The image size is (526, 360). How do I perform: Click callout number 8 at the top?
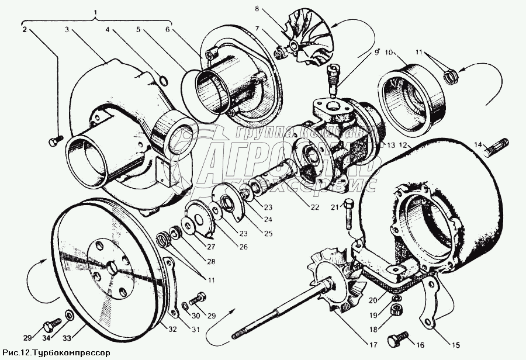(257, 10)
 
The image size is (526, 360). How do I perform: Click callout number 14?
(477, 144)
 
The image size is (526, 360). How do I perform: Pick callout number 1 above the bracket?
(97, 13)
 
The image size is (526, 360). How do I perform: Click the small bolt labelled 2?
(54, 141)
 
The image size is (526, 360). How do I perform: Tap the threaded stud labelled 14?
(497, 147)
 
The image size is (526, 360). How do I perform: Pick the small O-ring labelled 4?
(163, 80)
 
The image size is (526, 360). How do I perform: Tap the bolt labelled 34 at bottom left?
(51, 323)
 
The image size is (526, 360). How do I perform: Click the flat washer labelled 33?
(69, 316)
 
